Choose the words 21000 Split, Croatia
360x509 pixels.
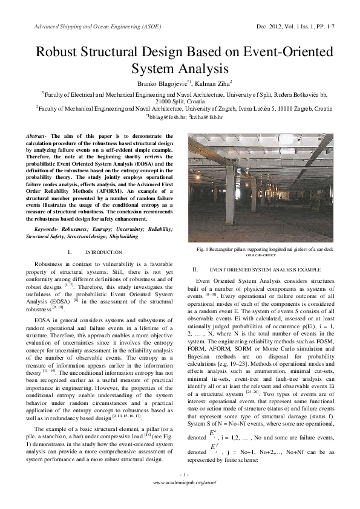coord(180,101)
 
